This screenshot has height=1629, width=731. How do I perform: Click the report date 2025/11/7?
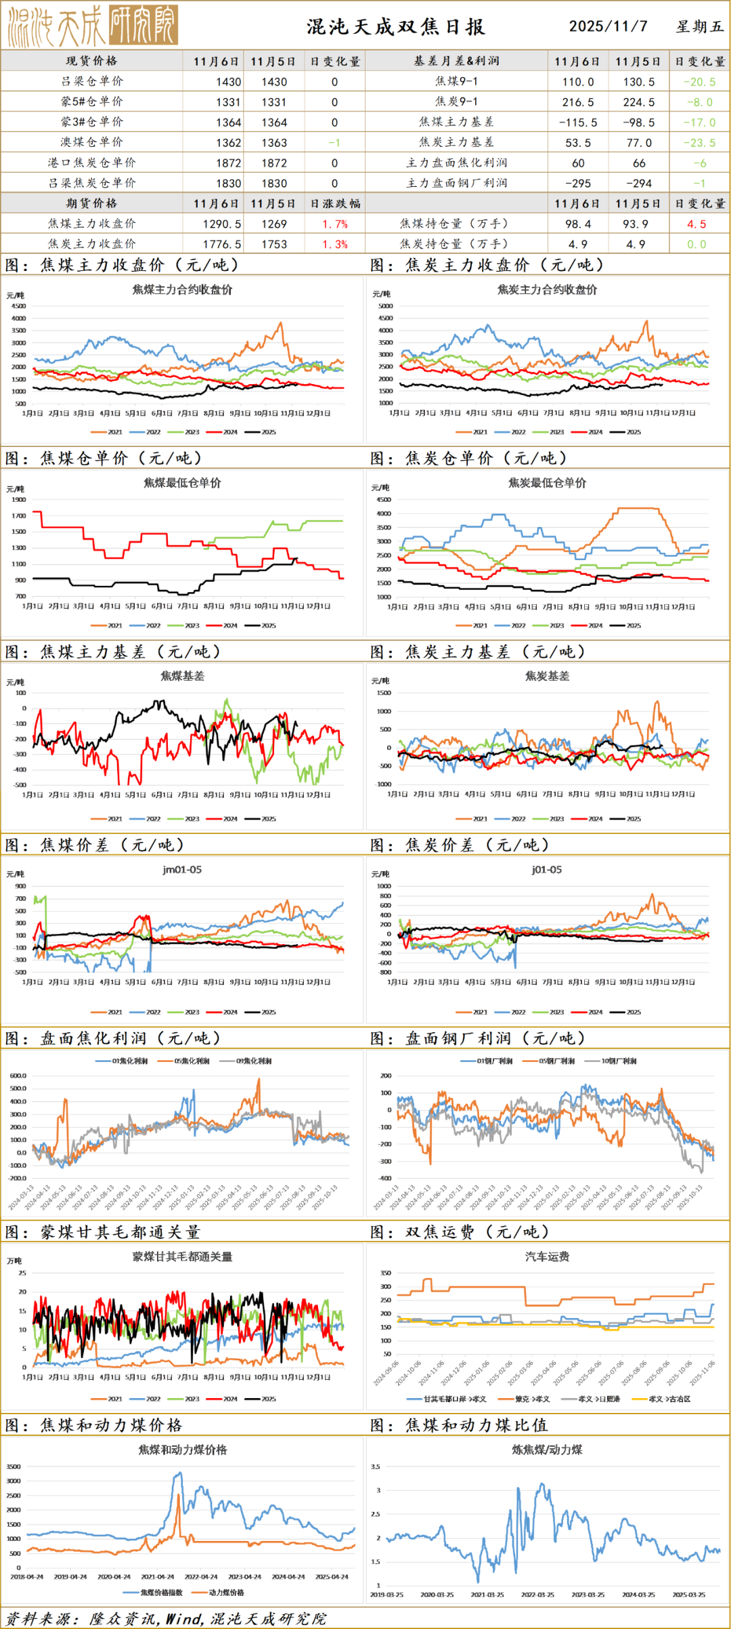coord(608,26)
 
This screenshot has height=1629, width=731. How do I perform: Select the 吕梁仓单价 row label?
coord(92,81)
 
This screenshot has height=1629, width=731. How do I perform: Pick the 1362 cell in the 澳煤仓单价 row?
coord(228,143)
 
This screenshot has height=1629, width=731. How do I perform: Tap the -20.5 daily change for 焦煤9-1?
coord(699,82)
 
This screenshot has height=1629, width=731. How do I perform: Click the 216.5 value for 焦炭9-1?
coord(578,102)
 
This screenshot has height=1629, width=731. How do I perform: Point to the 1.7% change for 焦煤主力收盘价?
coord(334,224)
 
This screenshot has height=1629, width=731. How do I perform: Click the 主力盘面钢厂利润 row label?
coord(456,184)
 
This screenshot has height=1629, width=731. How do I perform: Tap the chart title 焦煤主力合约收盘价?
coord(182,290)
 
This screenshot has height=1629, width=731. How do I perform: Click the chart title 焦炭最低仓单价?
coord(547,483)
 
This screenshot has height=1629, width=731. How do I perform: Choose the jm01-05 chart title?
coord(182,870)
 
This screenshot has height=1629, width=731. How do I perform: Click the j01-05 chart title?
coord(547,870)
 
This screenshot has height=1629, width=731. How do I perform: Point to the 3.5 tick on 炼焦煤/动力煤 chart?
coord(376,1467)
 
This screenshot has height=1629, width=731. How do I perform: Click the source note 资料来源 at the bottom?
coord(166,1618)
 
